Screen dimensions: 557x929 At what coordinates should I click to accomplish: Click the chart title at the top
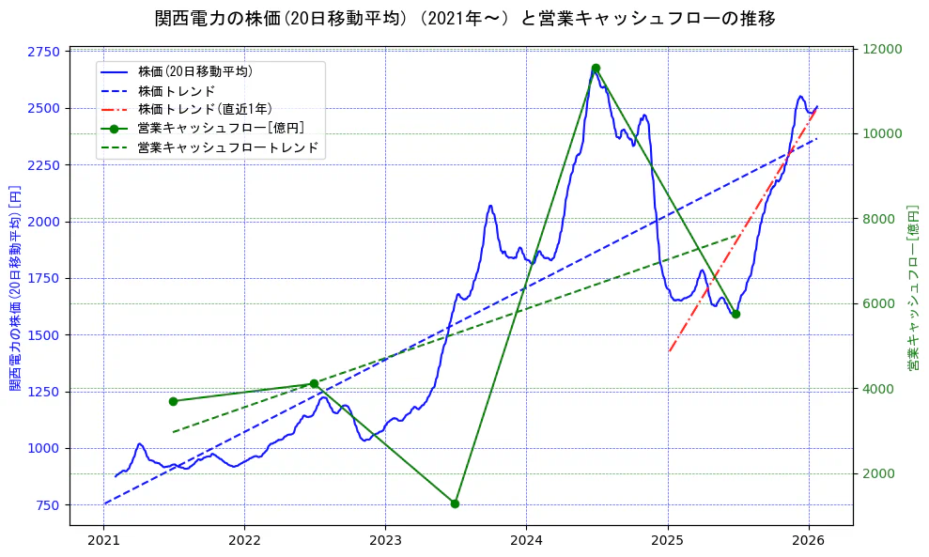(465, 19)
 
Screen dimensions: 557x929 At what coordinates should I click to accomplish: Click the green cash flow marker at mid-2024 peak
(596, 68)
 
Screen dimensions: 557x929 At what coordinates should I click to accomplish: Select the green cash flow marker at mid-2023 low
(455, 503)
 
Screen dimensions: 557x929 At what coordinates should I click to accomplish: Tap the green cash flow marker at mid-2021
(173, 401)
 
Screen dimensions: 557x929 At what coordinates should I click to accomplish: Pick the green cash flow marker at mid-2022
(314, 383)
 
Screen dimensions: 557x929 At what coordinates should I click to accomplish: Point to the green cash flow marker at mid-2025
(735, 315)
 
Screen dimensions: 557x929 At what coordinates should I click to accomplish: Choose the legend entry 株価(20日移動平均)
(194, 70)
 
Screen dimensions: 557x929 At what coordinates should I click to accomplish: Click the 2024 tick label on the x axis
(526, 541)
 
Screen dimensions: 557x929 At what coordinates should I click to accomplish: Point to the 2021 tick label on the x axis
(103, 541)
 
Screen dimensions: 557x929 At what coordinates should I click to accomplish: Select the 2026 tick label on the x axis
(808, 541)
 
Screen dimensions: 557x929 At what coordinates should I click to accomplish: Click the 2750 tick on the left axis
(46, 52)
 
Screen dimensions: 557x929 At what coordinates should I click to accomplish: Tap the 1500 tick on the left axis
(46, 335)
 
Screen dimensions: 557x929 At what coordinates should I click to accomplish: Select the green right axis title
(913, 287)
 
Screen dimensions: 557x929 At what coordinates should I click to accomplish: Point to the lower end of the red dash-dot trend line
(669, 351)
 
